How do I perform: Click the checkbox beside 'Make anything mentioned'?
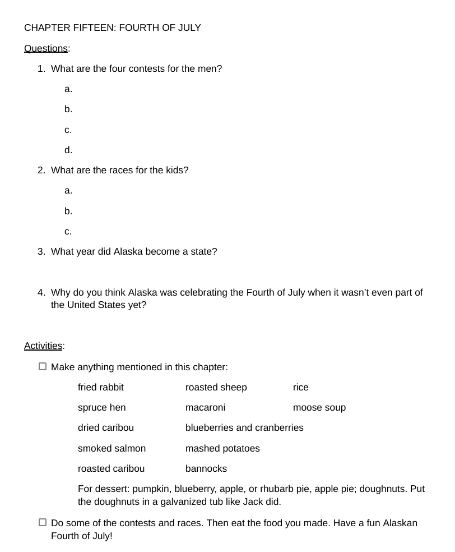point(43,367)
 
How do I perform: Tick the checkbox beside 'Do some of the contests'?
point(43,523)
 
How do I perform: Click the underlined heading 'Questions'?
point(45,48)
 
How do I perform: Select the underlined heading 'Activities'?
point(43,346)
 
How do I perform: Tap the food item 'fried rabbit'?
point(101,388)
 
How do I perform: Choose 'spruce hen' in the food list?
point(102,408)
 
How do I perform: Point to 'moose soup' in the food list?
point(319,408)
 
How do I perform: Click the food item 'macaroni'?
point(206,408)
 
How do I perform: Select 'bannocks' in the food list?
point(206,469)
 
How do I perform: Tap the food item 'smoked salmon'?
point(112,449)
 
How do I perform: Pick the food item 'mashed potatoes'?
point(222,449)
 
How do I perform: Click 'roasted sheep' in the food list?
point(216,388)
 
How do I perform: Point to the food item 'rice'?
point(301,388)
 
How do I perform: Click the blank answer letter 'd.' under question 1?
point(68,150)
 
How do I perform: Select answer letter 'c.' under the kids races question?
point(68,231)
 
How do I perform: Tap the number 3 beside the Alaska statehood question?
point(41,252)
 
